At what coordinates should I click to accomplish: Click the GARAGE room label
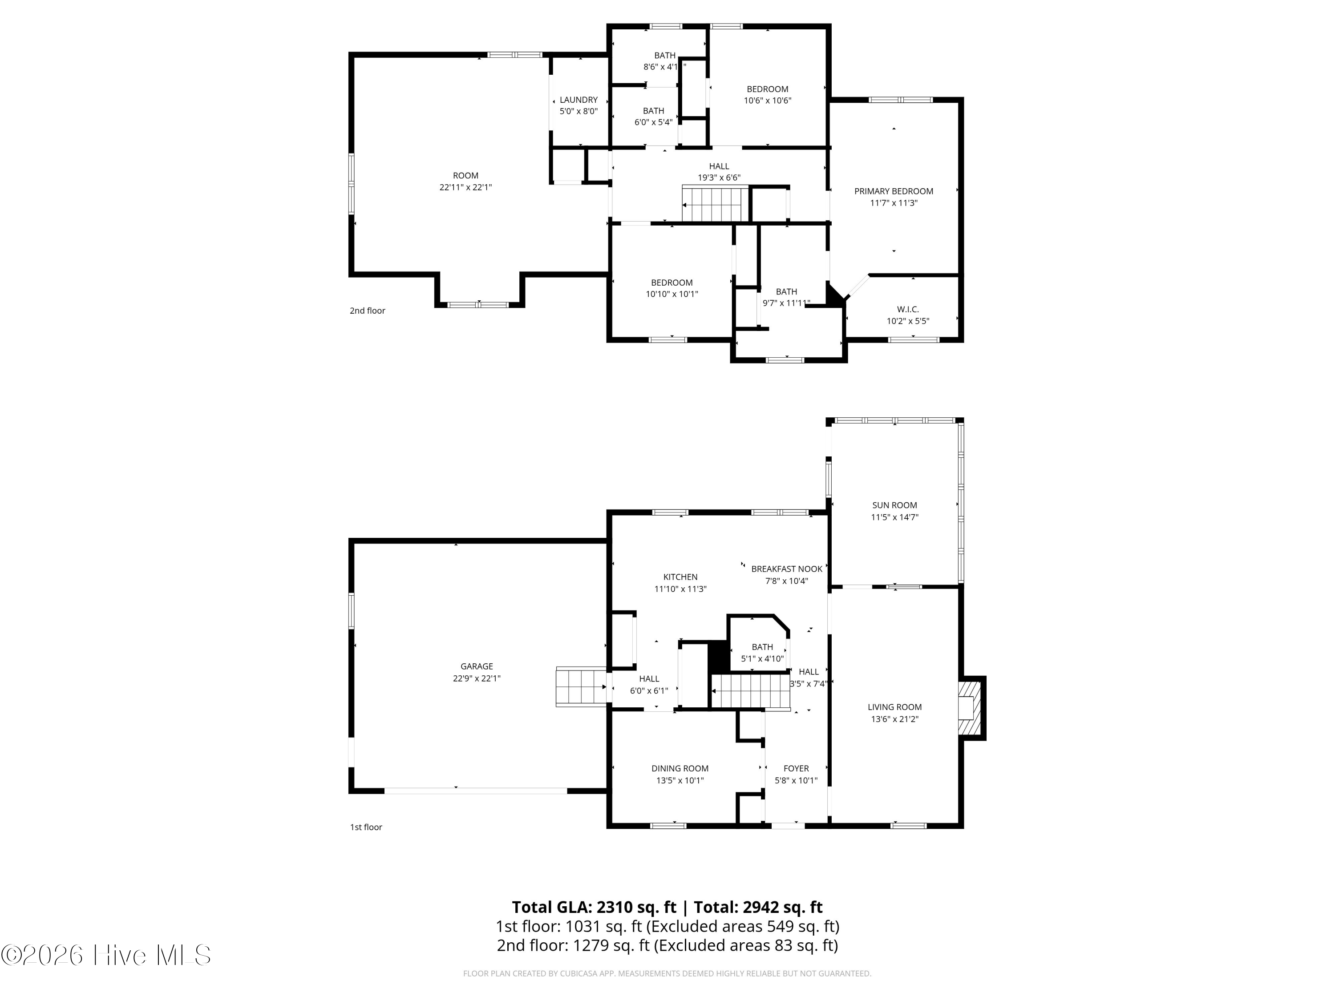[x=477, y=666]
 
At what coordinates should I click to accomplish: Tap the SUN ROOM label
[x=894, y=505]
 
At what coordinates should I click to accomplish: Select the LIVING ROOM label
[x=894, y=707]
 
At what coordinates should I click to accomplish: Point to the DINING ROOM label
[x=680, y=768]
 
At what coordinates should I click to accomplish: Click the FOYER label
[x=796, y=768]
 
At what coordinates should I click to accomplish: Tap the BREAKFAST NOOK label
[x=786, y=569]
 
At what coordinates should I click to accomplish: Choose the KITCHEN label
[x=680, y=577]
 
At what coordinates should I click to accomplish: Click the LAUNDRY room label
[x=578, y=100]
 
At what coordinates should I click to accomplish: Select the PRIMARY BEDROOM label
[x=894, y=191]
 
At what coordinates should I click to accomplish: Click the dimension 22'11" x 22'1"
[x=465, y=187]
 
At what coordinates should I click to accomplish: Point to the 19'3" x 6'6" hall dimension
[x=719, y=178]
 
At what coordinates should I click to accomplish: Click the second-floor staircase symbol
[x=716, y=203]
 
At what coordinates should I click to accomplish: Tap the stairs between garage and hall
[x=581, y=686]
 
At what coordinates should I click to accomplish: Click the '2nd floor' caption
[x=368, y=311]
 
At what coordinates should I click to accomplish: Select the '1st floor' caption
[x=366, y=827]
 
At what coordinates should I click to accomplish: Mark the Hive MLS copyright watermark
[x=106, y=955]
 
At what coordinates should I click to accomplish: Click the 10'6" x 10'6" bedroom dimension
[x=768, y=100]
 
